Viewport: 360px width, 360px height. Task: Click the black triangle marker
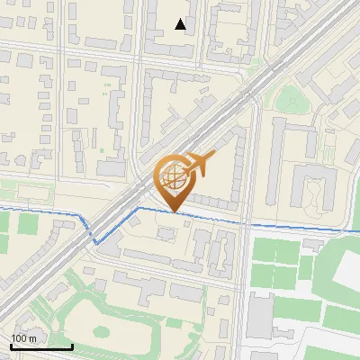pyautogui.click(x=182, y=24)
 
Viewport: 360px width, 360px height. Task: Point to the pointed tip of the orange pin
pyautogui.click(x=174, y=212)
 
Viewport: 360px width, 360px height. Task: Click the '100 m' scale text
pyautogui.click(x=24, y=337)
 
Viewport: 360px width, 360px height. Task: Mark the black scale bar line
pyautogui.click(x=41, y=346)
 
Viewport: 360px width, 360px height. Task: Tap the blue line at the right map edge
pyautogui.click(x=355, y=230)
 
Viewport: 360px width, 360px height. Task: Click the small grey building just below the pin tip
pyautogui.click(x=166, y=234)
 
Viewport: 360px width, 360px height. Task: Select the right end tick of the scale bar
pyautogui.click(x=72, y=346)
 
